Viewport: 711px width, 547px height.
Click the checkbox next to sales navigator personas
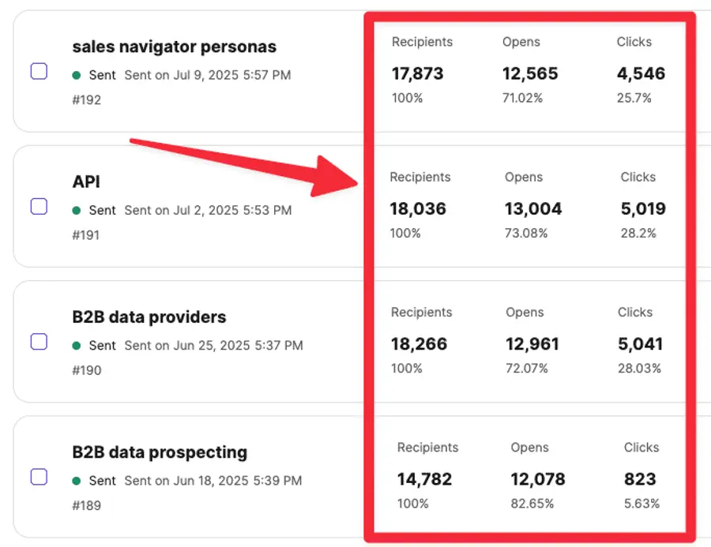point(39,72)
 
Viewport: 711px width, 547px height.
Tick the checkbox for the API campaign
point(39,207)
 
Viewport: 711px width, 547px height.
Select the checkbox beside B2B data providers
point(39,342)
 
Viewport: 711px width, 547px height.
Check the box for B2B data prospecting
point(39,477)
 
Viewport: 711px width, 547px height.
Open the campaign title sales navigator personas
point(174,47)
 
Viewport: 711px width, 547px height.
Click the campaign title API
point(86,182)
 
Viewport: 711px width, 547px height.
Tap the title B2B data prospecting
point(160,452)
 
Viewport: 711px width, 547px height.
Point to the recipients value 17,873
point(417,74)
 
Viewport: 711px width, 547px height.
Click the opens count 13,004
point(533,209)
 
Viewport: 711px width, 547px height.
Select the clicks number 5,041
point(640,344)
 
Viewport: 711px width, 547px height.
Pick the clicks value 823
point(640,479)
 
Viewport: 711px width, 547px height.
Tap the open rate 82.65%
point(532,504)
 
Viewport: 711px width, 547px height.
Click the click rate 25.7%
point(634,98)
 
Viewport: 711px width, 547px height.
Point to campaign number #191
point(86,234)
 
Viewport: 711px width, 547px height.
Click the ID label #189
point(86,505)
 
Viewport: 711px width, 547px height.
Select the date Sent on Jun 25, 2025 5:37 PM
point(213,346)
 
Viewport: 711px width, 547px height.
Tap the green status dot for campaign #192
point(77,76)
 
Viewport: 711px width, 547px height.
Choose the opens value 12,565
point(530,74)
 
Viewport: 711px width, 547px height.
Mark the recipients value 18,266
point(419,344)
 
